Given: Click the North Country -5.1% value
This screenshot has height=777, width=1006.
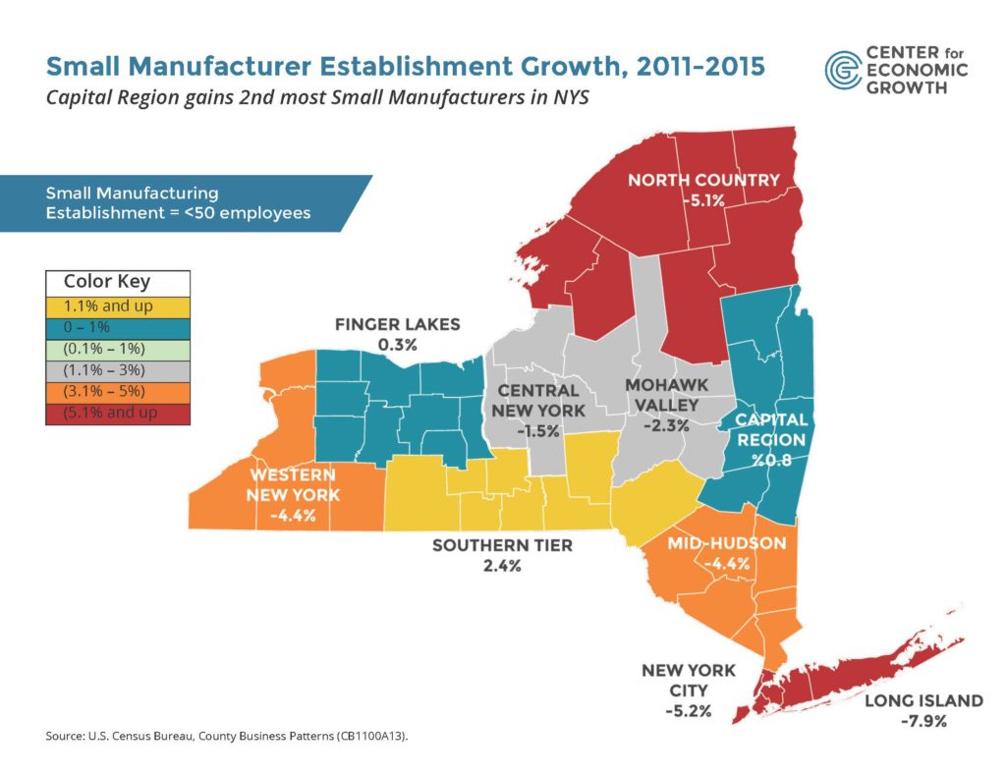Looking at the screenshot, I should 703,200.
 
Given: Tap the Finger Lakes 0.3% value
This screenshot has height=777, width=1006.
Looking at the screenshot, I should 397,345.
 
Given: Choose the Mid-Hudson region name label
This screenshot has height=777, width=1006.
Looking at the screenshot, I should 726,543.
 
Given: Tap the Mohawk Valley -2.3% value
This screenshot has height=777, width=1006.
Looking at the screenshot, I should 665,426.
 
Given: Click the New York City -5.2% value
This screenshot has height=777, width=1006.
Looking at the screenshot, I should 688,709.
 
